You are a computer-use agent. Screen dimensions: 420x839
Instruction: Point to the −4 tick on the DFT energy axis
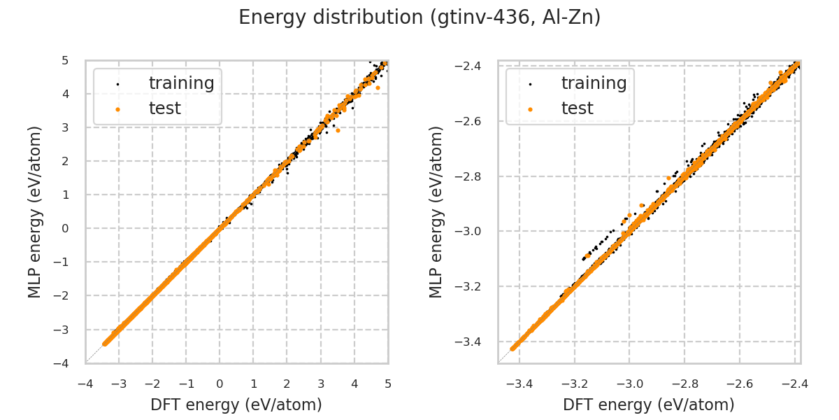click(x=85, y=384)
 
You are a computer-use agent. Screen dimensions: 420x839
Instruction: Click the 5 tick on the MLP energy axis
click(x=65, y=60)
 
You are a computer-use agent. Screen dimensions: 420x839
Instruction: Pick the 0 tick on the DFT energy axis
click(x=220, y=384)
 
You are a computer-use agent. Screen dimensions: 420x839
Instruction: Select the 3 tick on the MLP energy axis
click(x=65, y=127)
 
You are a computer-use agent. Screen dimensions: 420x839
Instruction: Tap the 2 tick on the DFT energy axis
click(x=287, y=384)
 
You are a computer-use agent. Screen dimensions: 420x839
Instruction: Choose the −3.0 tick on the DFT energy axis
click(x=629, y=384)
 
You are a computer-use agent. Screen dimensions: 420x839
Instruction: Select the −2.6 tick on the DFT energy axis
click(x=739, y=384)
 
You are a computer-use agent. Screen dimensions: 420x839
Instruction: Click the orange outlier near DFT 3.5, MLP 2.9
click(x=338, y=130)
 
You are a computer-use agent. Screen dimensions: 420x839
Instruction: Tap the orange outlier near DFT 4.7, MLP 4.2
click(x=378, y=87)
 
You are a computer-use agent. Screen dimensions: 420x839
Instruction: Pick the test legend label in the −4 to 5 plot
click(x=164, y=108)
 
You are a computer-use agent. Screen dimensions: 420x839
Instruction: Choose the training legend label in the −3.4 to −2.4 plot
click(x=594, y=83)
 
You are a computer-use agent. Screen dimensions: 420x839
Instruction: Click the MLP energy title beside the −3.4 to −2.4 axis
click(x=437, y=211)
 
